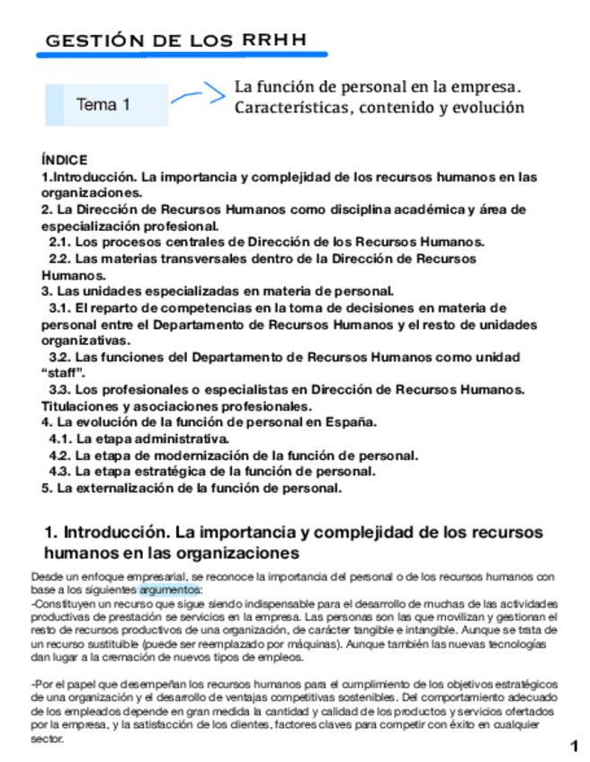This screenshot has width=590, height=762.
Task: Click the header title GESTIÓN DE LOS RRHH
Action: pos(174,41)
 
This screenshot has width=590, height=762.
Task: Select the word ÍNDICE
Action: pos(64,159)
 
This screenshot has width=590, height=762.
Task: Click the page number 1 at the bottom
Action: pos(573,746)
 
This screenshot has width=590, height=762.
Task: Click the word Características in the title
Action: pos(290,108)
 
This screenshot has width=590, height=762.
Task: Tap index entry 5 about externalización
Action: pos(192,488)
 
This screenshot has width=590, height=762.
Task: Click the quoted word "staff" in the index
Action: pos(63,373)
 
